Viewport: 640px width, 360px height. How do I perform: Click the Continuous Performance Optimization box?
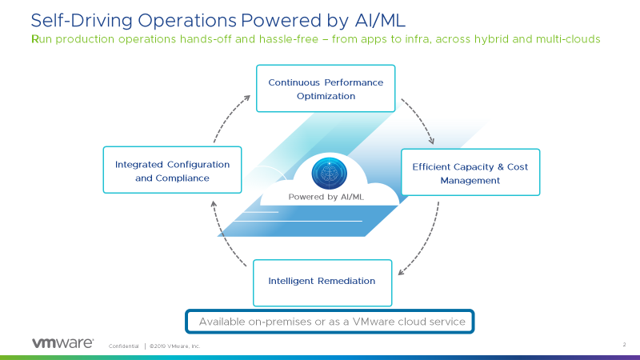click(326, 89)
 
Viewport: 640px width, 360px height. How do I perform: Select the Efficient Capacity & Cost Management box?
click(470, 173)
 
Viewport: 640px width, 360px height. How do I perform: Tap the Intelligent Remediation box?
click(322, 282)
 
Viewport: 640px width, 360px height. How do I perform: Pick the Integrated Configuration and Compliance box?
click(172, 170)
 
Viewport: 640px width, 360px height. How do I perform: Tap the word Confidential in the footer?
click(123, 346)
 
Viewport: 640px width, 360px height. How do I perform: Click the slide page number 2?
click(623, 345)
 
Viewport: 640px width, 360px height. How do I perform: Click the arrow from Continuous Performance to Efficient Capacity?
click(420, 120)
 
